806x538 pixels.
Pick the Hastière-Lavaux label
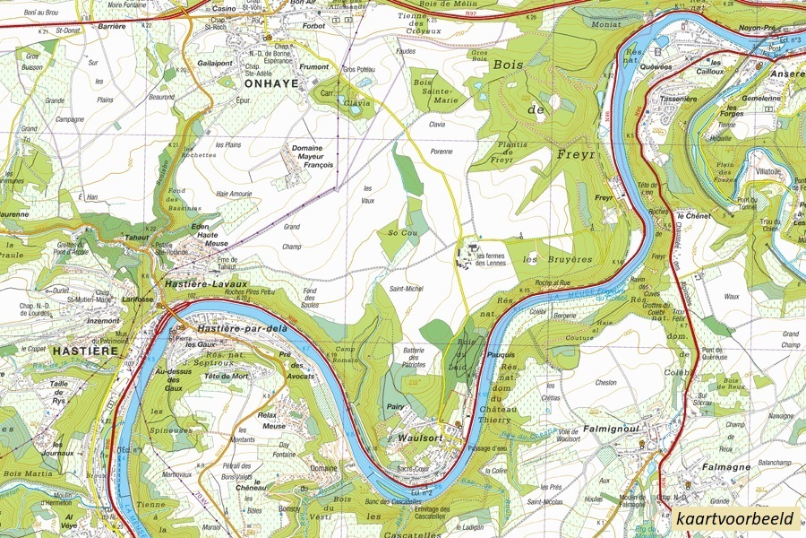[x=205, y=283]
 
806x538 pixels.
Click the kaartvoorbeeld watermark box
[x=735, y=519]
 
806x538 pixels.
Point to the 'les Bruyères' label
[x=558, y=259]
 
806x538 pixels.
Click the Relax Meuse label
[x=272, y=421]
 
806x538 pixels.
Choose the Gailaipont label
[x=215, y=64]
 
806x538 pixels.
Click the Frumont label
[x=314, y=65]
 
